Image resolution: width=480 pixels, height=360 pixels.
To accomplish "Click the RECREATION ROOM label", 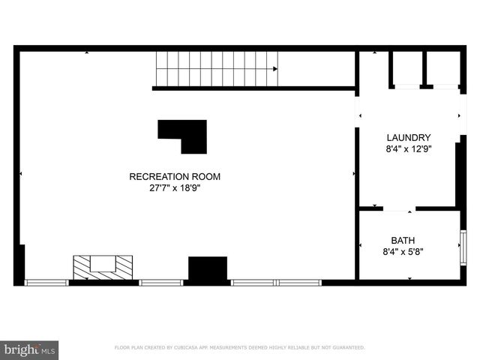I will coord(175,177).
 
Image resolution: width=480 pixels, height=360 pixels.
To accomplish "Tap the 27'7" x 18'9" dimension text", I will coord(175,188).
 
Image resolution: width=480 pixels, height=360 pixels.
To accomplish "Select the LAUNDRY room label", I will coord(408,137).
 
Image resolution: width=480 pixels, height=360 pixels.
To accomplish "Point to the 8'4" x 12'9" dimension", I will coord(408,148).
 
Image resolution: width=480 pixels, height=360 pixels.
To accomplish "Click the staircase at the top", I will coord(216,68).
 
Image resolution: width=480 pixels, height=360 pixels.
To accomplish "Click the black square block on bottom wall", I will coord(207,269).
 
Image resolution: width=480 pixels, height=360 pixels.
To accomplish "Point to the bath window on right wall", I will coord(463,248).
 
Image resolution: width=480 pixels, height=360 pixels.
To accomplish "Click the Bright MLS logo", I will coord(29,349).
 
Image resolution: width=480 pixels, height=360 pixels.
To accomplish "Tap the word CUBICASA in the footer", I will coord(190,348).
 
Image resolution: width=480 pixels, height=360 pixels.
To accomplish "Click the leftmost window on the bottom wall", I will coord(46,283).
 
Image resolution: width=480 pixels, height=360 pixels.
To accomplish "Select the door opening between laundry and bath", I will coord(399,208).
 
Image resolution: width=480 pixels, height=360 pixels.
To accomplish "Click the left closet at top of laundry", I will coord(406,69).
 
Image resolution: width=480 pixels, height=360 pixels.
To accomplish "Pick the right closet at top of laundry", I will coord(442,69).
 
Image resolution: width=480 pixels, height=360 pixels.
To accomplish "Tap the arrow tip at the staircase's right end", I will coord(276,69).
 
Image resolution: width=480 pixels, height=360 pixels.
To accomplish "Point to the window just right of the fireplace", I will coord(160,283).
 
